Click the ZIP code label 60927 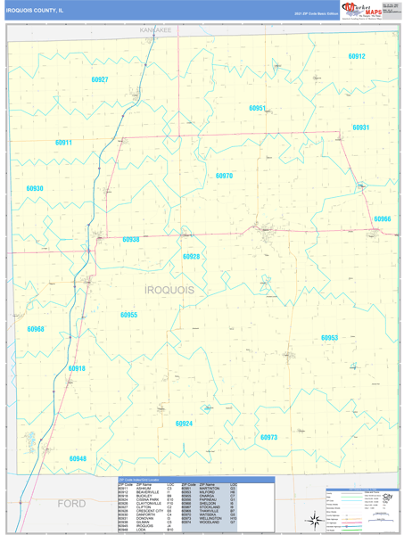tap(99, 80)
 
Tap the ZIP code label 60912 tap(356, 56)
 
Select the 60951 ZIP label tap(258, 108)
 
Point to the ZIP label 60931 tap(360, 128)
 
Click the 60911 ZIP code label tap(63, 143)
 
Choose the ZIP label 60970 tap(224, 176)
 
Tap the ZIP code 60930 tap(35, 189)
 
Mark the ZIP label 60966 tap(382, 218)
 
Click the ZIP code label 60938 tap(131, 239)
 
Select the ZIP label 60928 tap(191, 257)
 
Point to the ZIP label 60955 tap(129, 315)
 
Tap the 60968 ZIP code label tap(36, 329)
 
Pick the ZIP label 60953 tap(329, 338)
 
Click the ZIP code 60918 tap(77, 368)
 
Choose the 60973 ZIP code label tap(268, 437)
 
